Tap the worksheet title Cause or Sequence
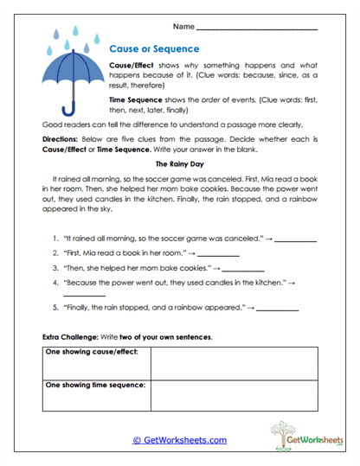click(x=154, y=49)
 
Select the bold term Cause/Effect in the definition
click(x=132, y=67)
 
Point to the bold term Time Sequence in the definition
click(x=136, y=100)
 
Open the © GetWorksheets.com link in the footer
click(x=179, y=440)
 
